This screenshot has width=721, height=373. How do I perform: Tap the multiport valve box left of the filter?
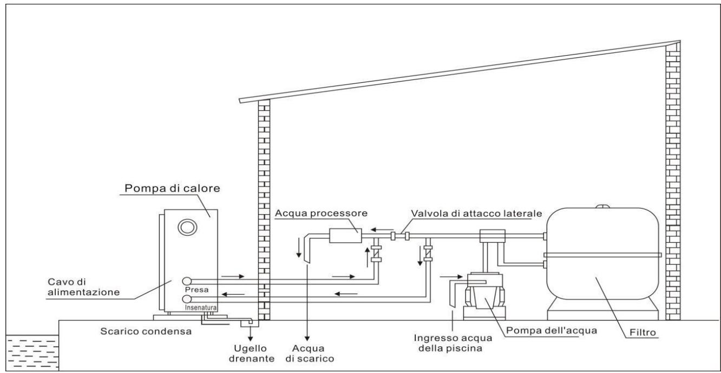tap(491, 236)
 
